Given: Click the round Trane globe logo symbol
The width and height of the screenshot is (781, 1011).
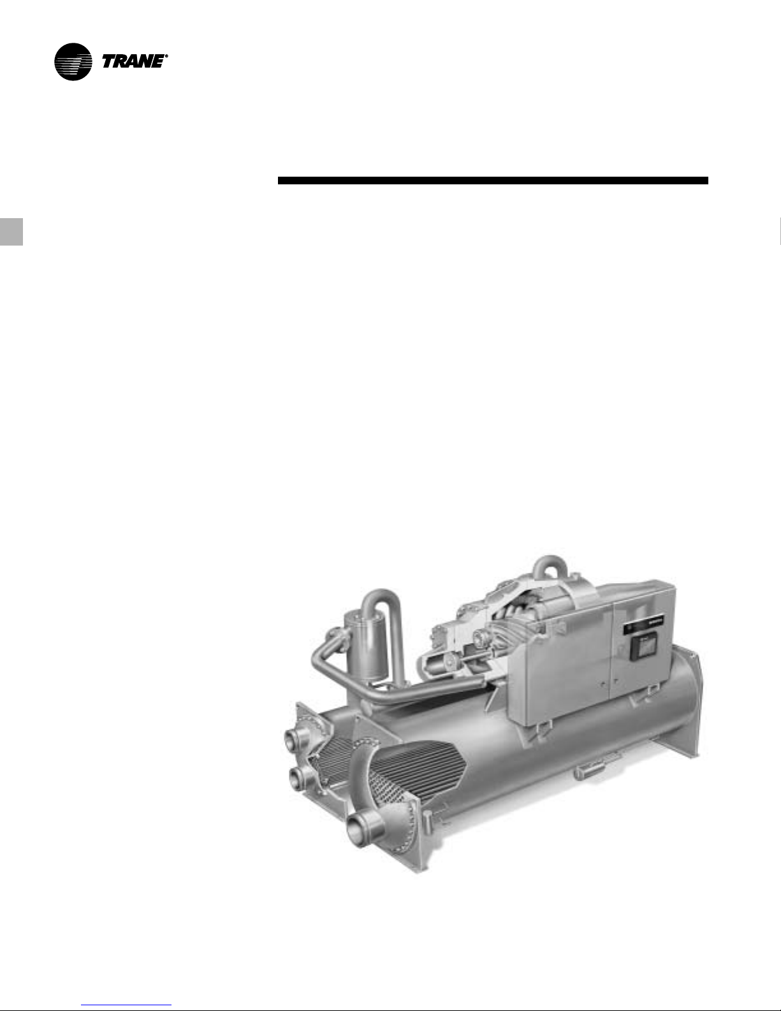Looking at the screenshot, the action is click(x=73, y=62).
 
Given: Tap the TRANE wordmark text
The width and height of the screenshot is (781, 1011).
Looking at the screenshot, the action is click(x=133, y=62).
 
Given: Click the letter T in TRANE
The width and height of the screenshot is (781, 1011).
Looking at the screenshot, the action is click(x=110, y=62).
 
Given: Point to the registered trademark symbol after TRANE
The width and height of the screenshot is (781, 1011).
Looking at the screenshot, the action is click(x=166, y=56).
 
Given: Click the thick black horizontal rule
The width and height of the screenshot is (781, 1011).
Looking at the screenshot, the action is click(x=493, y=181).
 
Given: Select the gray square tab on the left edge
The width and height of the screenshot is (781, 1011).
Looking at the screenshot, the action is click(x=11, y=232).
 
